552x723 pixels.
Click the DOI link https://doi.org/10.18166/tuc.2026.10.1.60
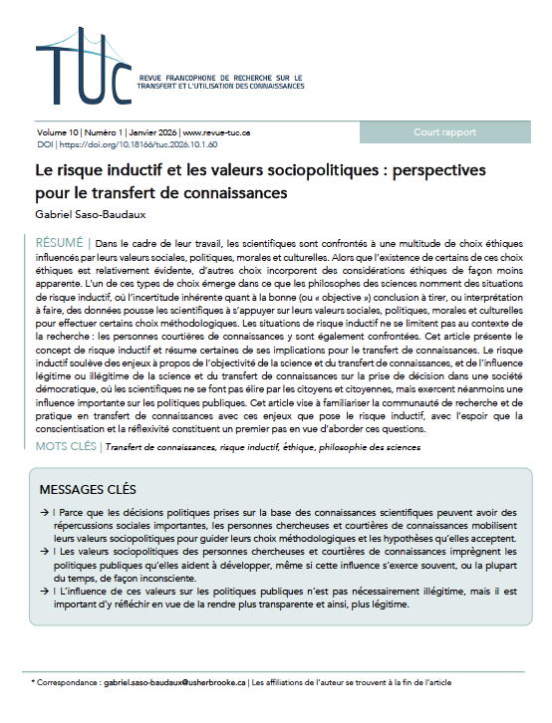[125, 144]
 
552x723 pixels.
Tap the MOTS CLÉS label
[66, 447]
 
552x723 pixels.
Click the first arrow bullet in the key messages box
[46, 512]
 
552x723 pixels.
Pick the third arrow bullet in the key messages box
[46, 591]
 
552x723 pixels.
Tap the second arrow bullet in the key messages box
[46, 551]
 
